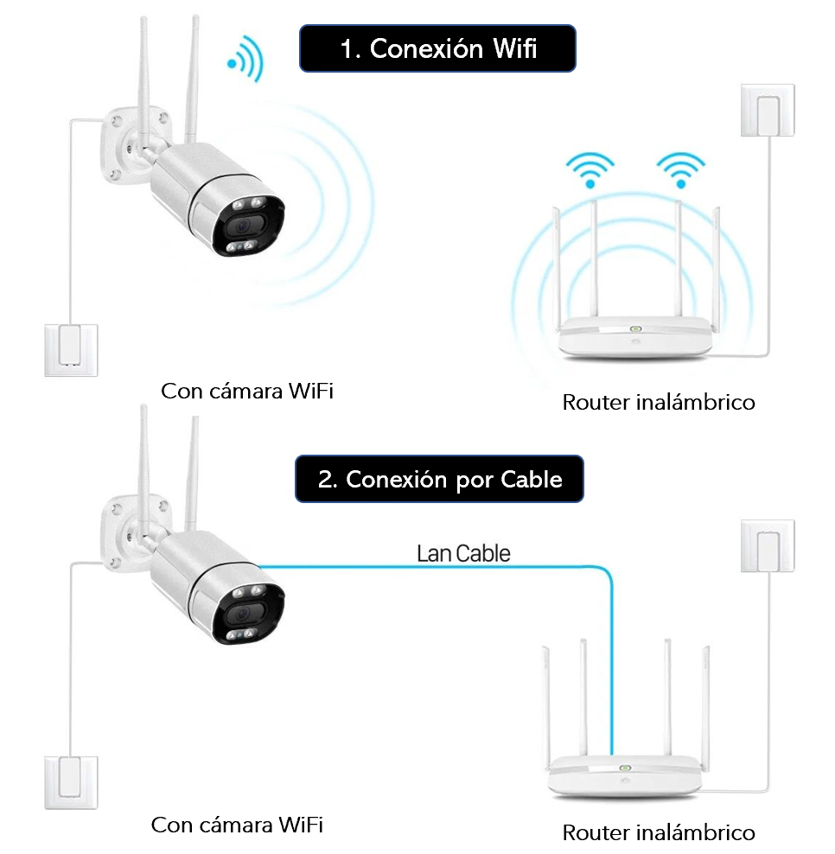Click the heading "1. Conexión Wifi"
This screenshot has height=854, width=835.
pyautogui.click(x=437, y=48)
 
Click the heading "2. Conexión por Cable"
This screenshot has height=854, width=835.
pyautogui.click(x=439, y=479)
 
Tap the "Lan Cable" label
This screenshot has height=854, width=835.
pyautogui.click(x=463, y=553)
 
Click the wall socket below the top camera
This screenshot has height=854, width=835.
pyautogui.click(x=71, y=349)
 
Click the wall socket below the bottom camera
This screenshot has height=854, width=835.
pyautogui.click(x=71, y=781)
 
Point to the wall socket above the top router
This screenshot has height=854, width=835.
pyautogui.click(x=767, y=110)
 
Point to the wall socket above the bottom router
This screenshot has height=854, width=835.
pyautogui.click(x=767, y=545)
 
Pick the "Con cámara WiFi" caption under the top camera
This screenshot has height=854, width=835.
pyautogui.click(x=247, y=392)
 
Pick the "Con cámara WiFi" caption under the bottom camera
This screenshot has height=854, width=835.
pyautogui.click(x=237, y=825)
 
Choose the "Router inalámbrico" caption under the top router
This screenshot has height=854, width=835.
pyautogui.click(x=659, y=402)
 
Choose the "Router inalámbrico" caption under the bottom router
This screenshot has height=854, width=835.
pyautogui.click(x=659, y=833)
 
